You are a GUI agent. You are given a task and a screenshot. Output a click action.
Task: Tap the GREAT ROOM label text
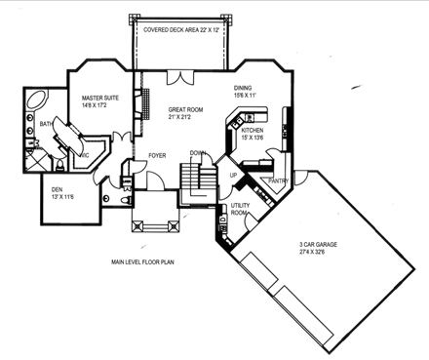[x=184, y=110]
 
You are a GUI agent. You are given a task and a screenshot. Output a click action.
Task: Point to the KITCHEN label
[x=253, y=130]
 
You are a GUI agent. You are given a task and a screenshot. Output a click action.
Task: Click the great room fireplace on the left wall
[x=147, y=101]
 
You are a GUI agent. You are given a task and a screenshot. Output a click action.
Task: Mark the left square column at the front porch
[x=137, y=225]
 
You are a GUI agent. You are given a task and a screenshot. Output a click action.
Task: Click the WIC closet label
[x=85, y=153]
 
